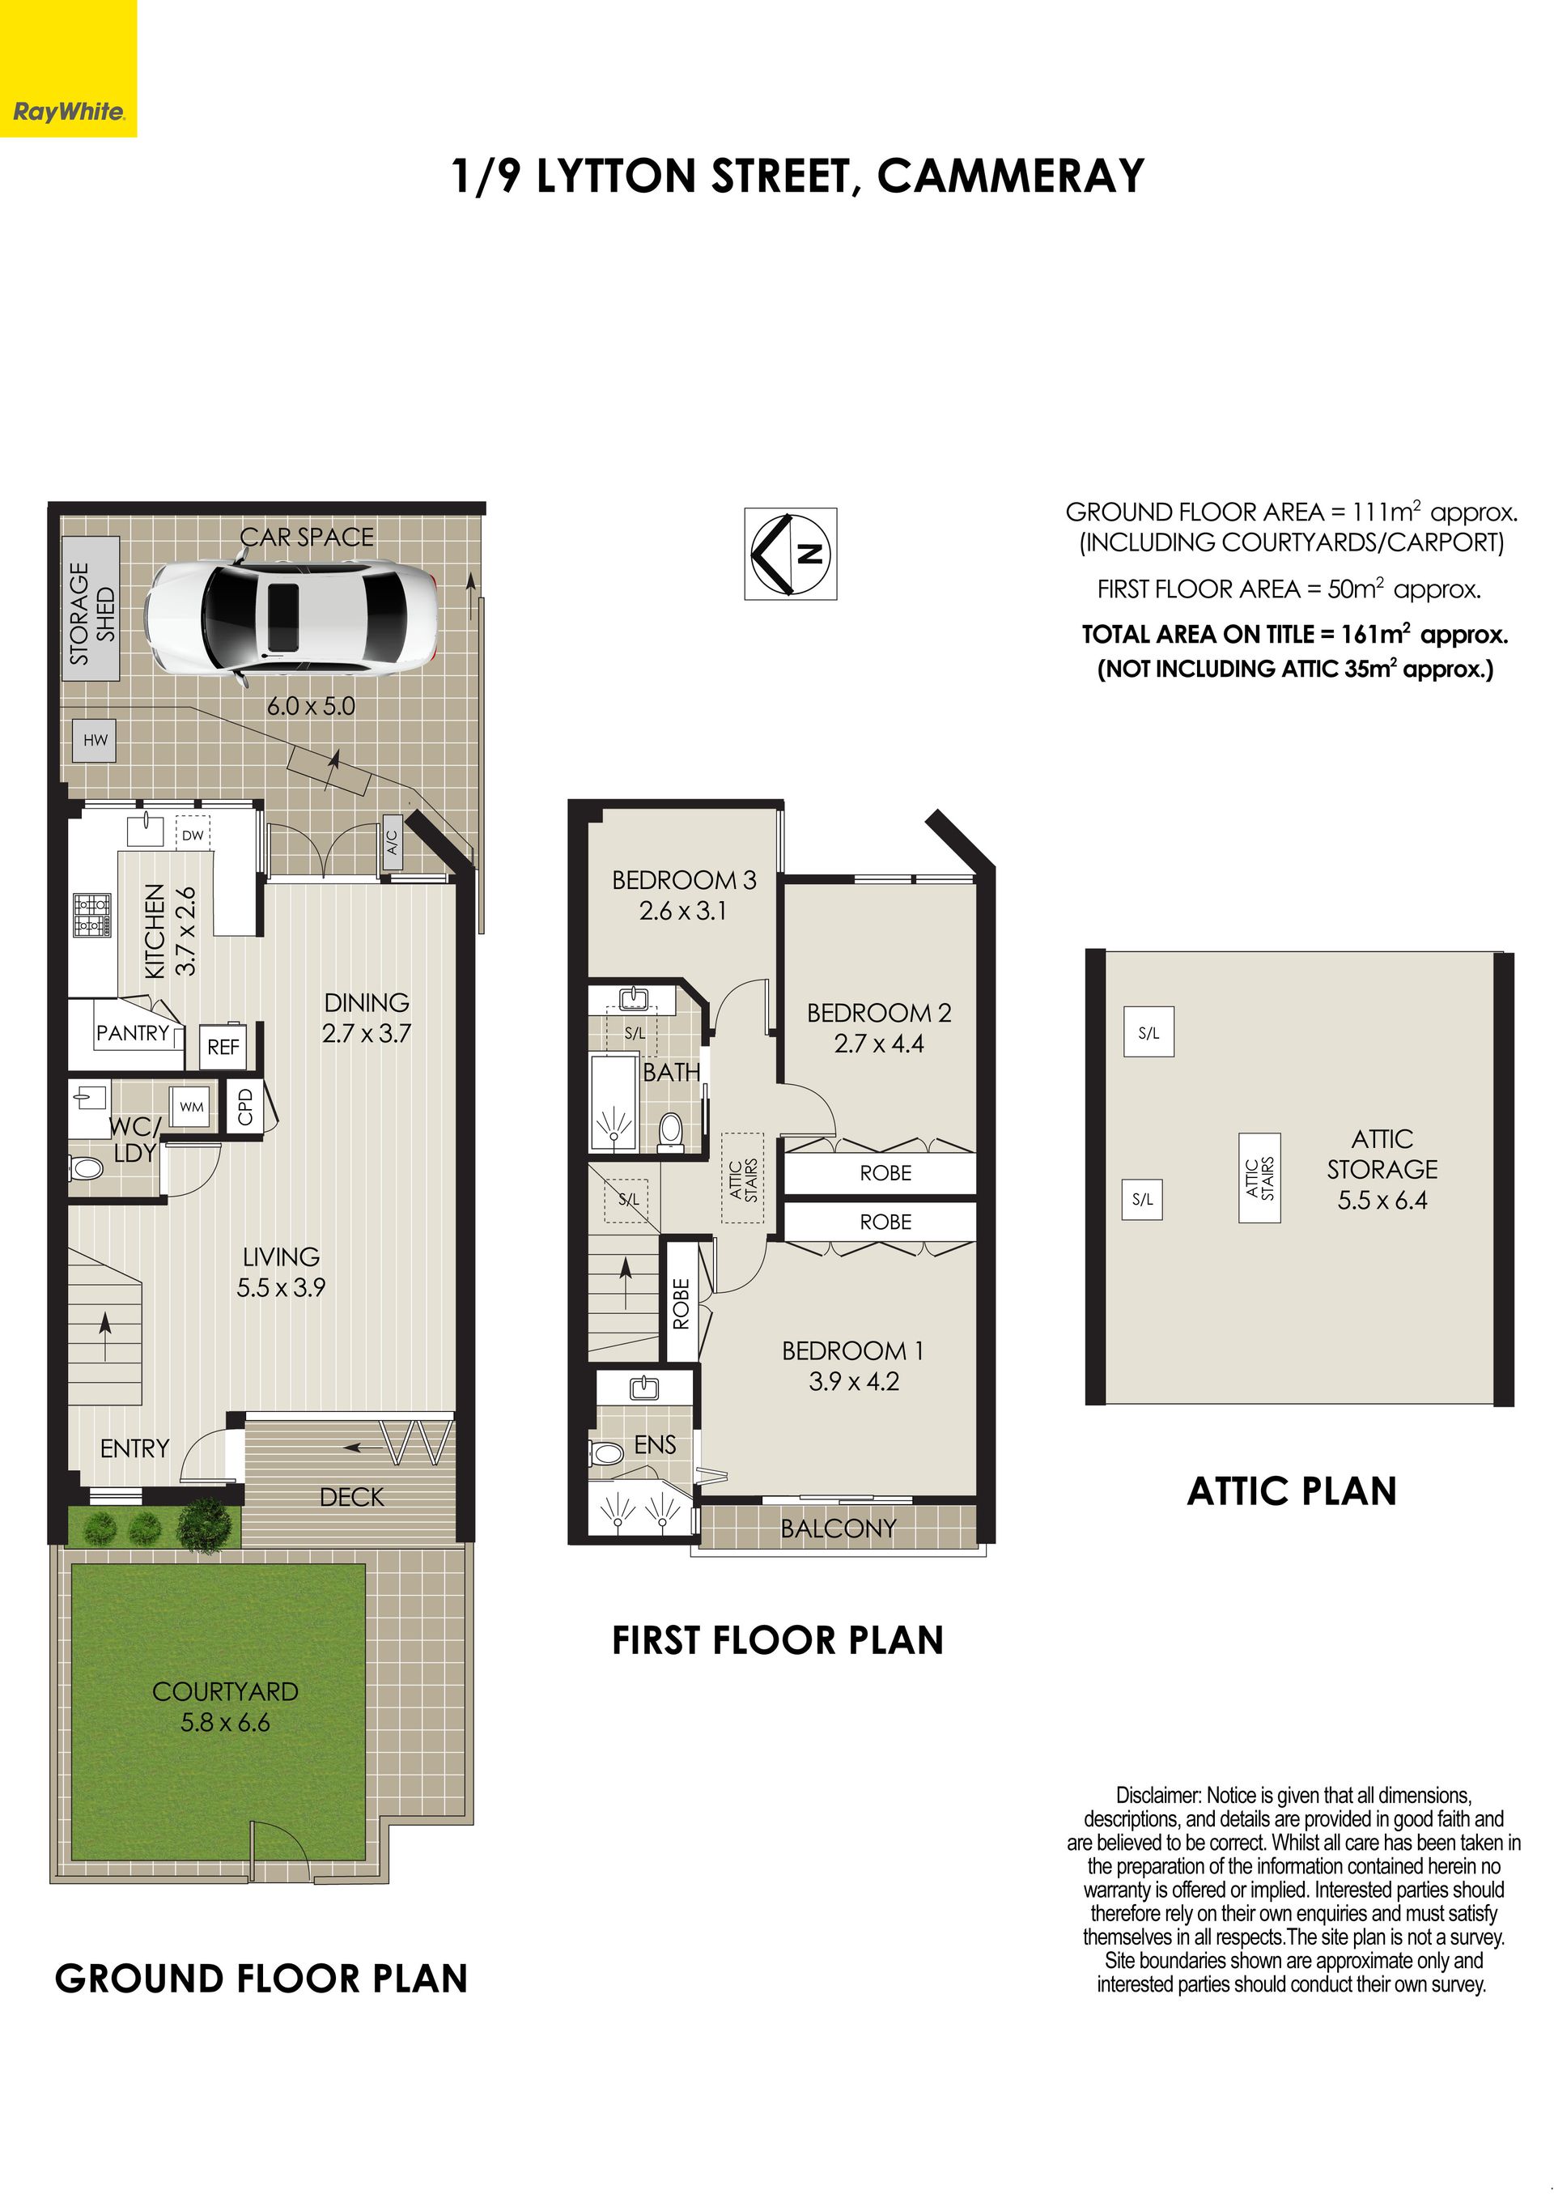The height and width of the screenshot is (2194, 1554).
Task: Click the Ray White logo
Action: point(68,68)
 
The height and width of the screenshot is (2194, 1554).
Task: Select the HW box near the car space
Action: point(95,740)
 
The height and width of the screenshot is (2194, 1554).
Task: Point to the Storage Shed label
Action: point(91,614)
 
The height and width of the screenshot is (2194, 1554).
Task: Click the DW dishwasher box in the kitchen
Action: point(193,835)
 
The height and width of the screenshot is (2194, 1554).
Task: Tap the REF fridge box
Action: point(223,1048)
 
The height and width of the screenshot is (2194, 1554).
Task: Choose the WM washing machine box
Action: point(191,1107)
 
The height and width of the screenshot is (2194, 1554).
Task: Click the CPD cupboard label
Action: point(245,1107)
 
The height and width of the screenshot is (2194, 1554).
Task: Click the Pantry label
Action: point(132,1033)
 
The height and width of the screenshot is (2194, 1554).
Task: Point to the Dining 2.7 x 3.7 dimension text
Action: point(367,1034)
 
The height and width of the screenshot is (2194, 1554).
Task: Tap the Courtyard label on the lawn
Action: point(226,1691)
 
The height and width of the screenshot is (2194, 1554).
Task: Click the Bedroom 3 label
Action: point(684,880)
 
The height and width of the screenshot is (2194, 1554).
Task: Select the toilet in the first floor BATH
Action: point(671,1129)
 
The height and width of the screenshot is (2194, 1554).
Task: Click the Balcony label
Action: point(839,1529)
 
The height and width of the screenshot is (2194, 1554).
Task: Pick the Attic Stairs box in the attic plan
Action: point(1259,1179)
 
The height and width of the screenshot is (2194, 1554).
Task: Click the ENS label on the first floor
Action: point(656,1444)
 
